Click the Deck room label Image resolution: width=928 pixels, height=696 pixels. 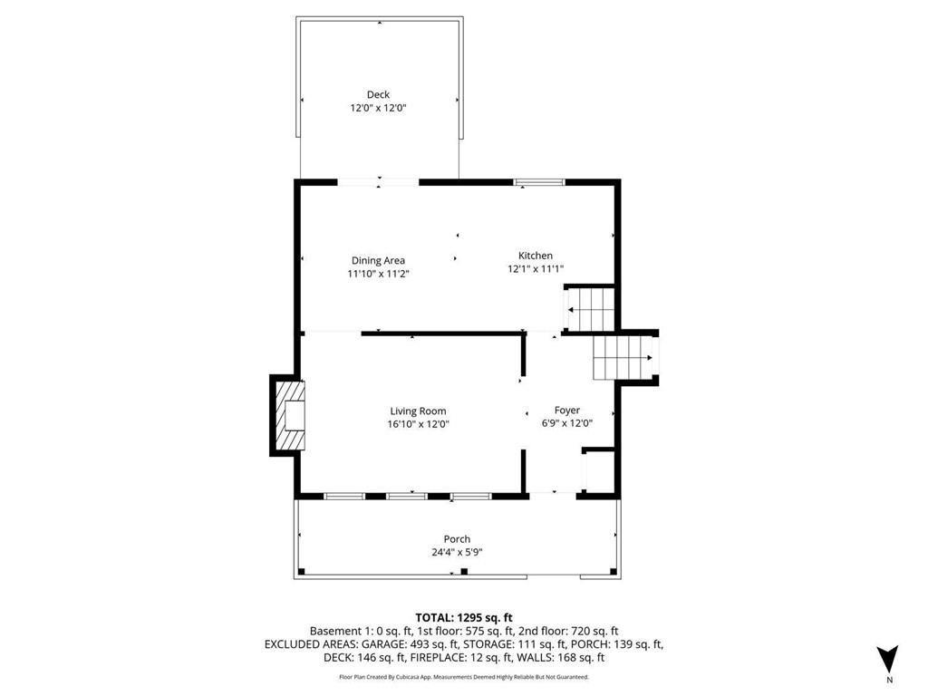(x=378, y=94)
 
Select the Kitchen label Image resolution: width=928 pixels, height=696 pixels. (x=535, y=256)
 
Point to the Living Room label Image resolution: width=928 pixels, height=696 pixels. (x=418, y=411)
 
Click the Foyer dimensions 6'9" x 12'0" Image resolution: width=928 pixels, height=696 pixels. (x=566, y=423)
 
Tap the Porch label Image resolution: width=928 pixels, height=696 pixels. (x=457, y=539)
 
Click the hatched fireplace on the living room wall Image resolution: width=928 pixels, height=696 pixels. (x=289, y=416)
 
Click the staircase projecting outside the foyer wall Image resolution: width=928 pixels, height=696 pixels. (x=624, y=357)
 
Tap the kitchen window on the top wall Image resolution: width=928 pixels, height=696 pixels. (x=539, y=183)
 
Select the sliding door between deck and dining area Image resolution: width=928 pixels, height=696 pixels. (x=378, y=183)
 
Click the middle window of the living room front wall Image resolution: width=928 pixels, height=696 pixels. (x=407, y=496)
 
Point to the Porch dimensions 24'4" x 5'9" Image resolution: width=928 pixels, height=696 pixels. (x=457, y=552)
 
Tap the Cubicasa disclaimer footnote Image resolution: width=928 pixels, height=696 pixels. (x=464, y=677)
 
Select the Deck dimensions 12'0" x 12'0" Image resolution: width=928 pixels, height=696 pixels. (x=378, y=108)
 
